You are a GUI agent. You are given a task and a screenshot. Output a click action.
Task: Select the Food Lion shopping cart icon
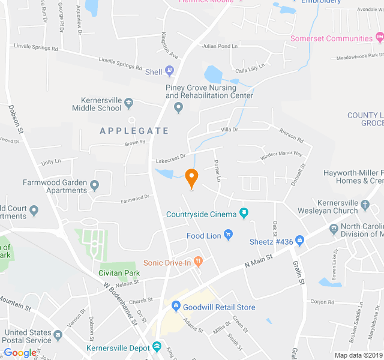[227, 235]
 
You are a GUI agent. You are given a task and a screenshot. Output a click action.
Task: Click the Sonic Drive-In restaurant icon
[199, 262]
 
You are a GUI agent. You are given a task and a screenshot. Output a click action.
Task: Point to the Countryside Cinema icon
[244, 213]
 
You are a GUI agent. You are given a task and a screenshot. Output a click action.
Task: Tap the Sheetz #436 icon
[300, 242]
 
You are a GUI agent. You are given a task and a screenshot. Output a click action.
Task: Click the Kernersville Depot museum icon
[157, 347]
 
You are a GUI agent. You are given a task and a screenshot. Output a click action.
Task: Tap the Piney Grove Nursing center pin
[178, 108]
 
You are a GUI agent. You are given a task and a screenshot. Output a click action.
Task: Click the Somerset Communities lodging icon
[379, 38]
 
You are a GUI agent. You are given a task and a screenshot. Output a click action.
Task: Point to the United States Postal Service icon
[58, 335]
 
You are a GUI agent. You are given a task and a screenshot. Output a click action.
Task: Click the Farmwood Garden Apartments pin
[94, 183]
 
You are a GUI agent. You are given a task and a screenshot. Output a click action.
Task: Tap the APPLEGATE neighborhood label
[134, 130]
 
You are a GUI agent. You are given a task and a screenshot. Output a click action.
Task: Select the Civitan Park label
[119, 273]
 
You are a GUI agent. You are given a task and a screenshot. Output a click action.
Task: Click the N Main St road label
[259, 261]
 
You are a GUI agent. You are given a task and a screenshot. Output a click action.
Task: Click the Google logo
[20, 353]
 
